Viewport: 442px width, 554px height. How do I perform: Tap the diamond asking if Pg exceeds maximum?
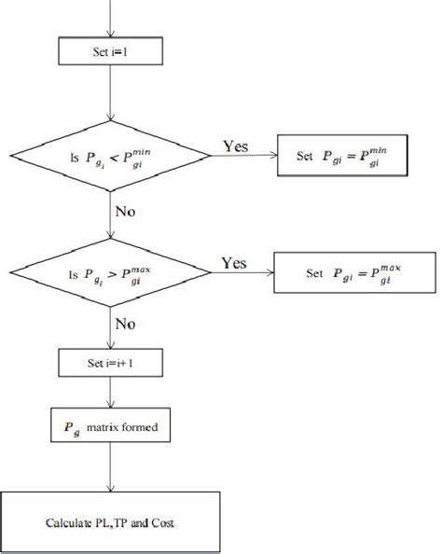pos(111,273)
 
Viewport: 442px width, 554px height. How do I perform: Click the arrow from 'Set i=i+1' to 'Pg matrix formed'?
pos(111,394)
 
